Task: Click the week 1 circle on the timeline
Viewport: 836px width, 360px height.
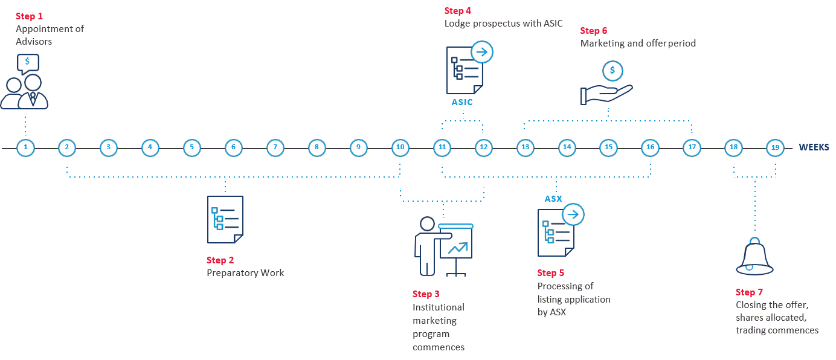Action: (x=25, y=147)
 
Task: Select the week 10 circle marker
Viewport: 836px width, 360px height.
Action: (x=400, y=147)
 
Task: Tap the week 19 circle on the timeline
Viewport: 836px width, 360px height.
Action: (x=775, y=147)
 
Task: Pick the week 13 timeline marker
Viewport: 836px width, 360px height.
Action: (x=525, y=147)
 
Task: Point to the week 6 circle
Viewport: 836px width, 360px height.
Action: (x=233, y=147)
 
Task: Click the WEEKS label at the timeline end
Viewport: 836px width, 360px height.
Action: (x=814, y=147)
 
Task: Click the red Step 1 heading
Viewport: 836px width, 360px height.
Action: (x=29, y=16)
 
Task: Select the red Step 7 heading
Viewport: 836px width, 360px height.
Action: (x=749, y=292)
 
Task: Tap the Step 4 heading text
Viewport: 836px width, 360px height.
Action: (x=458, y=10)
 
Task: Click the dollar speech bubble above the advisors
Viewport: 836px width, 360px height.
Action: (x=28, y=63)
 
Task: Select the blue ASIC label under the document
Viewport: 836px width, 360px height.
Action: (x=462, y=102)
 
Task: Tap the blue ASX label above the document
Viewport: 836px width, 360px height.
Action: (x=553, y=199)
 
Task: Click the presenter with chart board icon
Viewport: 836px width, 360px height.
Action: (x=443, y=246)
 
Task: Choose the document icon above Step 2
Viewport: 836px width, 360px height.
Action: (x=225, y=219)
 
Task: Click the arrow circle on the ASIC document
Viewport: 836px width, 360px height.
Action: (x=482, y=52)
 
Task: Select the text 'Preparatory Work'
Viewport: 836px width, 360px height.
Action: (x=245, y=273)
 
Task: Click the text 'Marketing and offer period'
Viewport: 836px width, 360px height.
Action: (x=638, y=43)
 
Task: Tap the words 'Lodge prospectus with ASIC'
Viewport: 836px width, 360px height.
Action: (x=503, y=24)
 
